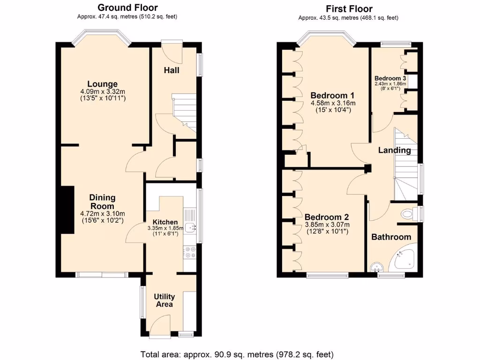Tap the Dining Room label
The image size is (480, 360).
pyautogui.click(x=102, y=202)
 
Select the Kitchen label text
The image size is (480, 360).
pyautogui.click(x=165, y=222)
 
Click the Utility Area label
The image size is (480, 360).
pyautogui.click(x=165, y=300)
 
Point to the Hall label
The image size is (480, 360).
pyautogui.click(x=172, y=70)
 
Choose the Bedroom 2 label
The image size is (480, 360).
pyautogui.click(x=326, y=217)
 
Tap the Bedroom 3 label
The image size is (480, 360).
pyautogui.click(x=390, y=78)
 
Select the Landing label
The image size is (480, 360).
pyautogui.click(x=395, y=150)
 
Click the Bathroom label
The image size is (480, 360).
pyautogui.click(x=391, y=237)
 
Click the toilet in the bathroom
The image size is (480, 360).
pyautogui.click(x=409, y=214)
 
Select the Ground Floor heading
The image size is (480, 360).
pyautogui.click(x=127, y=7)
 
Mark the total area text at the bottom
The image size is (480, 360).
pyautogui.click(x=237, y=354)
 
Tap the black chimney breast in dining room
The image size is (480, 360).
pyautogui.click(x=68, y=209)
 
